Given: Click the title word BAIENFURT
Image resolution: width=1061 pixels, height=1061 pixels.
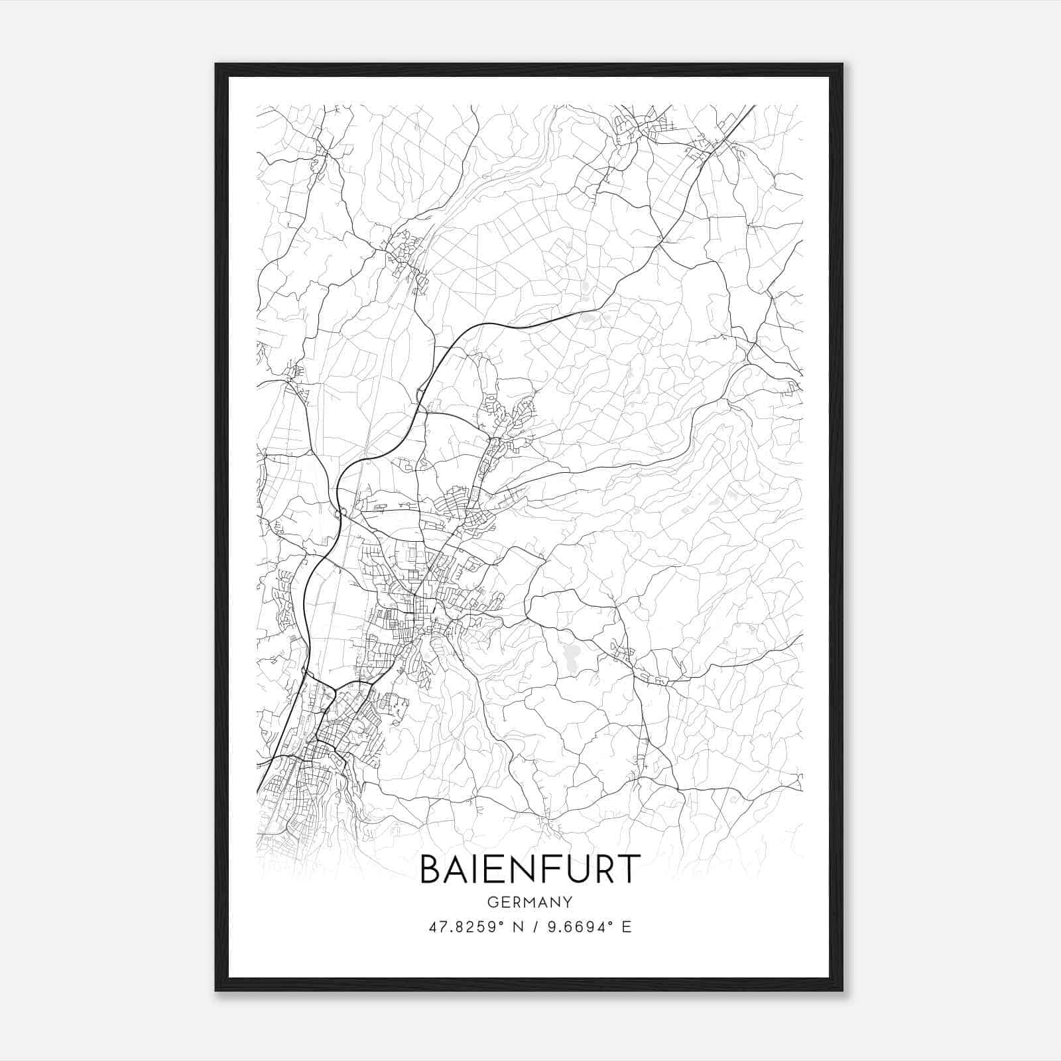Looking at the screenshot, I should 530,869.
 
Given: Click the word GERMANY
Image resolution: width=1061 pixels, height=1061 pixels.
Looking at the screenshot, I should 530,903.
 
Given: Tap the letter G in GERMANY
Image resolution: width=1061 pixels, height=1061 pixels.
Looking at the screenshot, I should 492,903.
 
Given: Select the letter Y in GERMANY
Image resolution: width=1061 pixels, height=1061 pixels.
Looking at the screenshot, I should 568,903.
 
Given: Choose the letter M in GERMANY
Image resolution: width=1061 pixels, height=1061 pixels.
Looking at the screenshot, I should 530,903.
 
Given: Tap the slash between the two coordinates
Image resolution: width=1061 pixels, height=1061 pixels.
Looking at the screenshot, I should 535,927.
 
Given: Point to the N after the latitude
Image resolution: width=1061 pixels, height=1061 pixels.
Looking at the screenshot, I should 518,927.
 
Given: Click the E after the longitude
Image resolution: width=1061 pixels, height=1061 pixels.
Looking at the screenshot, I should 627,927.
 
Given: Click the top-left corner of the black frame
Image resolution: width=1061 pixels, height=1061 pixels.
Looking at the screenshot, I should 217,65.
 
